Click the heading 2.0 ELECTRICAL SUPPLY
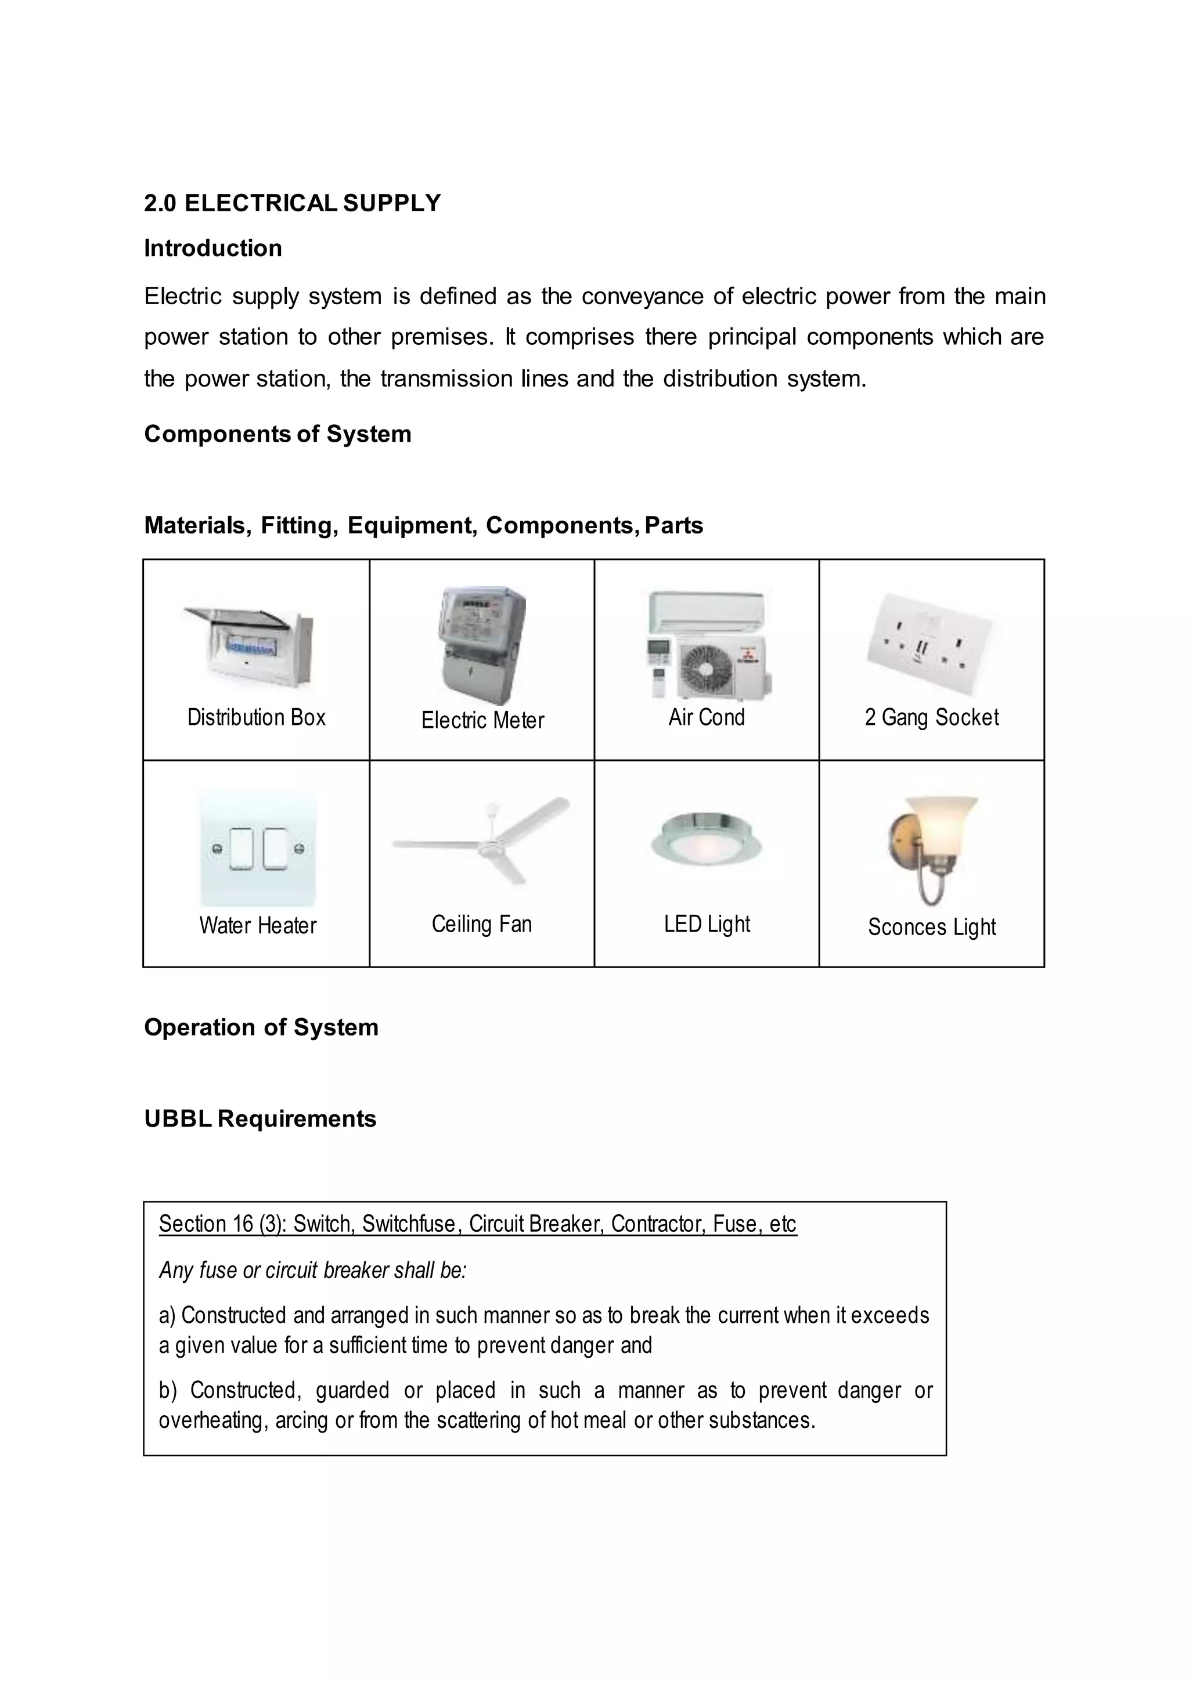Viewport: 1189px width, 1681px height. pos(292,203)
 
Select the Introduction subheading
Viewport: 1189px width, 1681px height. pos(212,248)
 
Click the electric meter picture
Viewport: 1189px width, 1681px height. pos(482,644)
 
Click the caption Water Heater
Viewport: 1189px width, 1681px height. pos(257,925)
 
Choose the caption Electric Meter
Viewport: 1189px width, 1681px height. pos(482,720)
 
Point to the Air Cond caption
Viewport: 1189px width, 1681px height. pos(706,717)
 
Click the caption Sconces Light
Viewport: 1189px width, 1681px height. pos(931,927)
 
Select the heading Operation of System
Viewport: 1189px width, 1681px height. pos(261,1027)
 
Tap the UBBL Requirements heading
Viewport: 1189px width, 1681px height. pos(260,1119)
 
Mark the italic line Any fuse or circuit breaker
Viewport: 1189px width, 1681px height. pos(312,1270)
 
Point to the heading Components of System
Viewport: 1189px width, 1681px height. pos(278,434)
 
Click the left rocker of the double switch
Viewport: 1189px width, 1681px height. pos(240,849)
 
